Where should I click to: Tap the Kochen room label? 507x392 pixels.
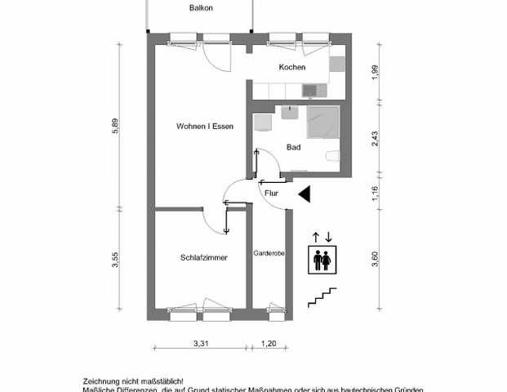[291, 67]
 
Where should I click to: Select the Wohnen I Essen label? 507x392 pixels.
[205, 127]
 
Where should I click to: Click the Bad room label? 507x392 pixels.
[293, 148]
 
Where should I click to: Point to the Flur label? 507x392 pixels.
[272, 194]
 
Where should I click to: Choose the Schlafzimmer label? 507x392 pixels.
[203, 257]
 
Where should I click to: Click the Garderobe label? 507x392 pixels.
[269, 253]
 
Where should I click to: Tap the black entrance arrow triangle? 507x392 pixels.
[304, 194]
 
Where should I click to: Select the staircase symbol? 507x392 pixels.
[322, 297]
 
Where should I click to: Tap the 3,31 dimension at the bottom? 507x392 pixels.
[202, 344]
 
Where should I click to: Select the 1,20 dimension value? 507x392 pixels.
[269, 344]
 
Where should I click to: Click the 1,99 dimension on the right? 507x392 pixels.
[375, 72]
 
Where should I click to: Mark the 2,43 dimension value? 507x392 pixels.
[375, 137]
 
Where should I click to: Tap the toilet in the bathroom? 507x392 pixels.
[332, 156]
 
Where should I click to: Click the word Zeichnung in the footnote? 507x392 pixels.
[100, 381]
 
